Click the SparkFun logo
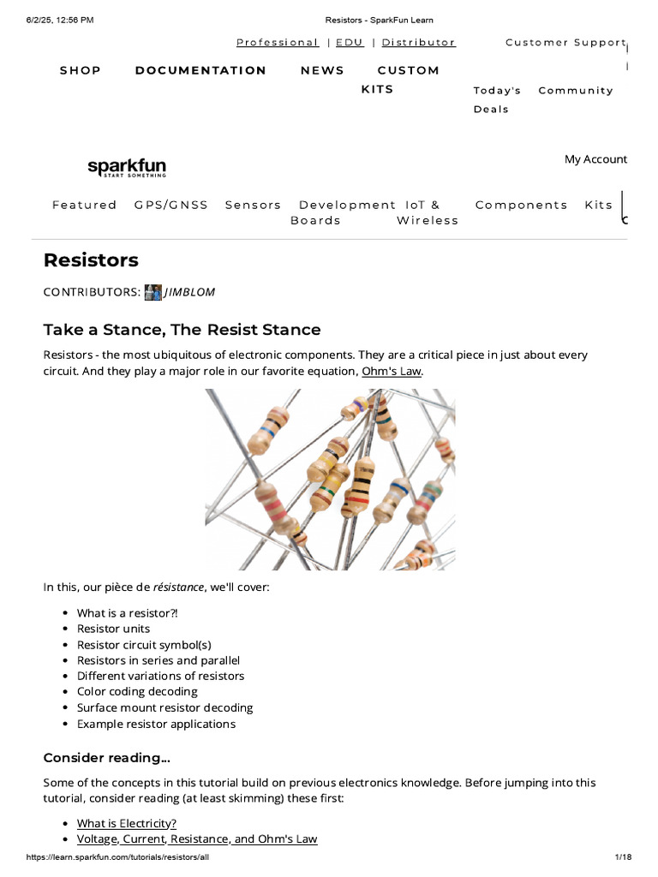pos(127,167)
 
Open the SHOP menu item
pos(81,70)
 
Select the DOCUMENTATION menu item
pos(200,70)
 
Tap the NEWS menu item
pos(322,70)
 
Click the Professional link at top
pos(278,43)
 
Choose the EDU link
pos(350,43)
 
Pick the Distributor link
pos(418,43)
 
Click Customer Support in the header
pos(565,43)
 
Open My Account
pos(596,159)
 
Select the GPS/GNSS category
pos(171,205)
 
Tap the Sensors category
pos(253,205)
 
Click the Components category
pos(522,205)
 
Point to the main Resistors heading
pos(91,260)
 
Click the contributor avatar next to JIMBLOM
pos(153,292)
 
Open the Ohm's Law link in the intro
pos(392,371)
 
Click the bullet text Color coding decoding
pos(138,692)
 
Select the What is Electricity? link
pos(127,823)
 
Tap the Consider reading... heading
pos(107,758)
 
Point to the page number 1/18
pos(624,856)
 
